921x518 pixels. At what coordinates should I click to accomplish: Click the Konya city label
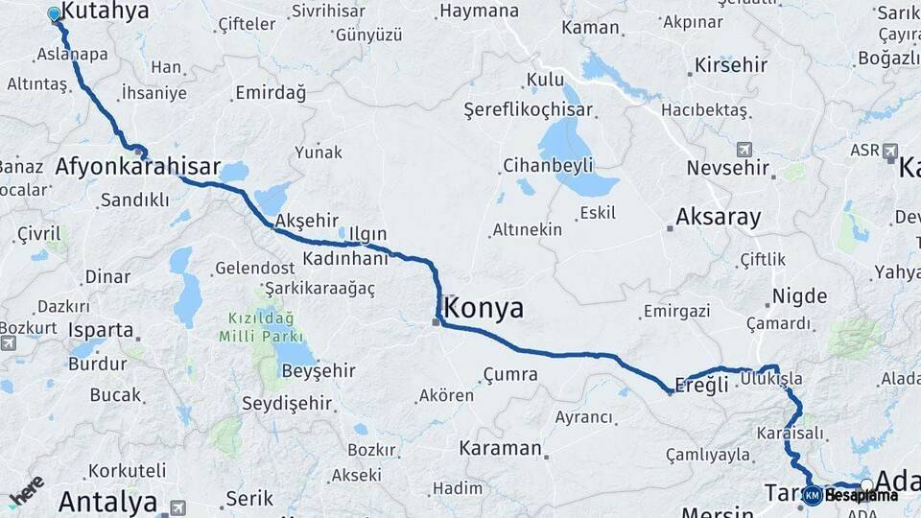click(484, 309)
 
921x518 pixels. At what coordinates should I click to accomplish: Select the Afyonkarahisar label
click(138, 168)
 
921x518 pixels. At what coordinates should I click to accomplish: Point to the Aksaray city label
click(718, 217)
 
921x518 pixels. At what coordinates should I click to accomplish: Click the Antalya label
click(107, 502)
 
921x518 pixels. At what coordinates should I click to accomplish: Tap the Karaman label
click(500, 448)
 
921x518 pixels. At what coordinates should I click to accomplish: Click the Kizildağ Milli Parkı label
click(261, 327)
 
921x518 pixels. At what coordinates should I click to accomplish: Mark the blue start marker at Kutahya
click(54, 14)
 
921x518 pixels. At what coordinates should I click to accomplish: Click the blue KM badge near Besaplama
click(813, 496)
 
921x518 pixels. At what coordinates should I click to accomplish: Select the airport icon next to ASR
click(890, 152)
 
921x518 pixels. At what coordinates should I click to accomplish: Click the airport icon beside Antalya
click(177, 506)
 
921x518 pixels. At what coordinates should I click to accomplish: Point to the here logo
click(26, 491)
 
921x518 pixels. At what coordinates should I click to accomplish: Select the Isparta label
click(101, 330)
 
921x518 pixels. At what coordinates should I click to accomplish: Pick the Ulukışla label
click(771, 380)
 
